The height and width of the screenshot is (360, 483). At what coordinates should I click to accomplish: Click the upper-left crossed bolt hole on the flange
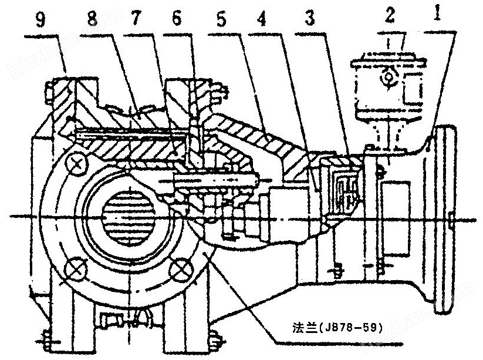pos(76,164)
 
